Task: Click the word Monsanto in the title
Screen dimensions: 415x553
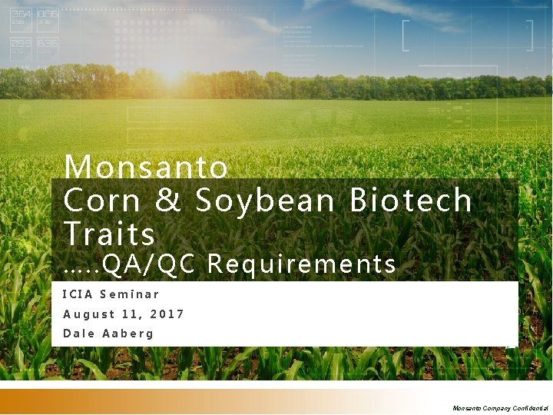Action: [x=146, y=167]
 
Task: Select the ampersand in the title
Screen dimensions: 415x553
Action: [x=168, y=201]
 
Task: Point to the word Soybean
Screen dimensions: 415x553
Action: [x=265, y=201]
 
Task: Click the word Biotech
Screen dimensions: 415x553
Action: [x=410, y=201]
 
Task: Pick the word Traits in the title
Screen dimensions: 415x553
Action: [x=109, y=234]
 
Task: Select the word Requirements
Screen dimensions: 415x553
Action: [x=301, y=264]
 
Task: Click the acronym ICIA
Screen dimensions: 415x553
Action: [x=77, y=294]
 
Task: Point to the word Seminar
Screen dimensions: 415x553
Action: [x=129, y=294]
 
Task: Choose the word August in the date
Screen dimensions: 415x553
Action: [x=88, y=314]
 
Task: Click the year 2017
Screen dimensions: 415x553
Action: [x=167, y=314]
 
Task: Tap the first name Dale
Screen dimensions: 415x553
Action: [x=78, y=334]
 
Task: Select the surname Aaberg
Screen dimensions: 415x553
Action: [x=127, y=334]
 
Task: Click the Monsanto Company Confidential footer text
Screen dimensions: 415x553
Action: [x=500, y=407]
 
